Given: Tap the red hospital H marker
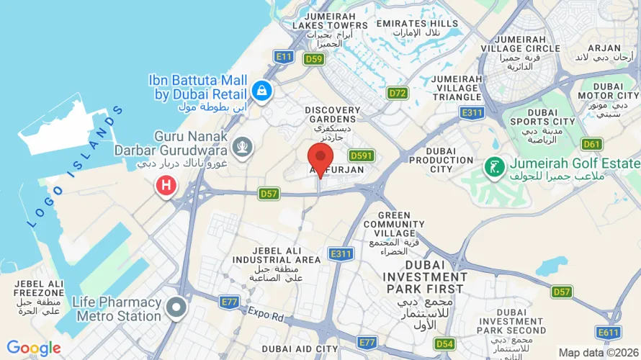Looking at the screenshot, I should [x=166, y=186].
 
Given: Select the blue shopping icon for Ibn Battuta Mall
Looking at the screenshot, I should [x=261, y=91].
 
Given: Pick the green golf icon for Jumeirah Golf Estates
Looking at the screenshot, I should [x=493, y=168].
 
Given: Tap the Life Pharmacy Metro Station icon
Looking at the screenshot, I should [x=175, y=309].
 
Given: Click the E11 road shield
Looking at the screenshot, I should [x=284, y=55].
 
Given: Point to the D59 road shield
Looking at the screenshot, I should [x=313, y=58].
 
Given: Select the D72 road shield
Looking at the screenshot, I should [x=398, y=93].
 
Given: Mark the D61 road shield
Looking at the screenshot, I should [x=592, y=144].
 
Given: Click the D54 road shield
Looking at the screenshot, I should [x=445, y=343].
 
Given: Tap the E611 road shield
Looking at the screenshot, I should [x=608, y=332].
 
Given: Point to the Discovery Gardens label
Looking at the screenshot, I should [x=331, y=114].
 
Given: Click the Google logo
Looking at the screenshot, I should [x=33, y=348].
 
